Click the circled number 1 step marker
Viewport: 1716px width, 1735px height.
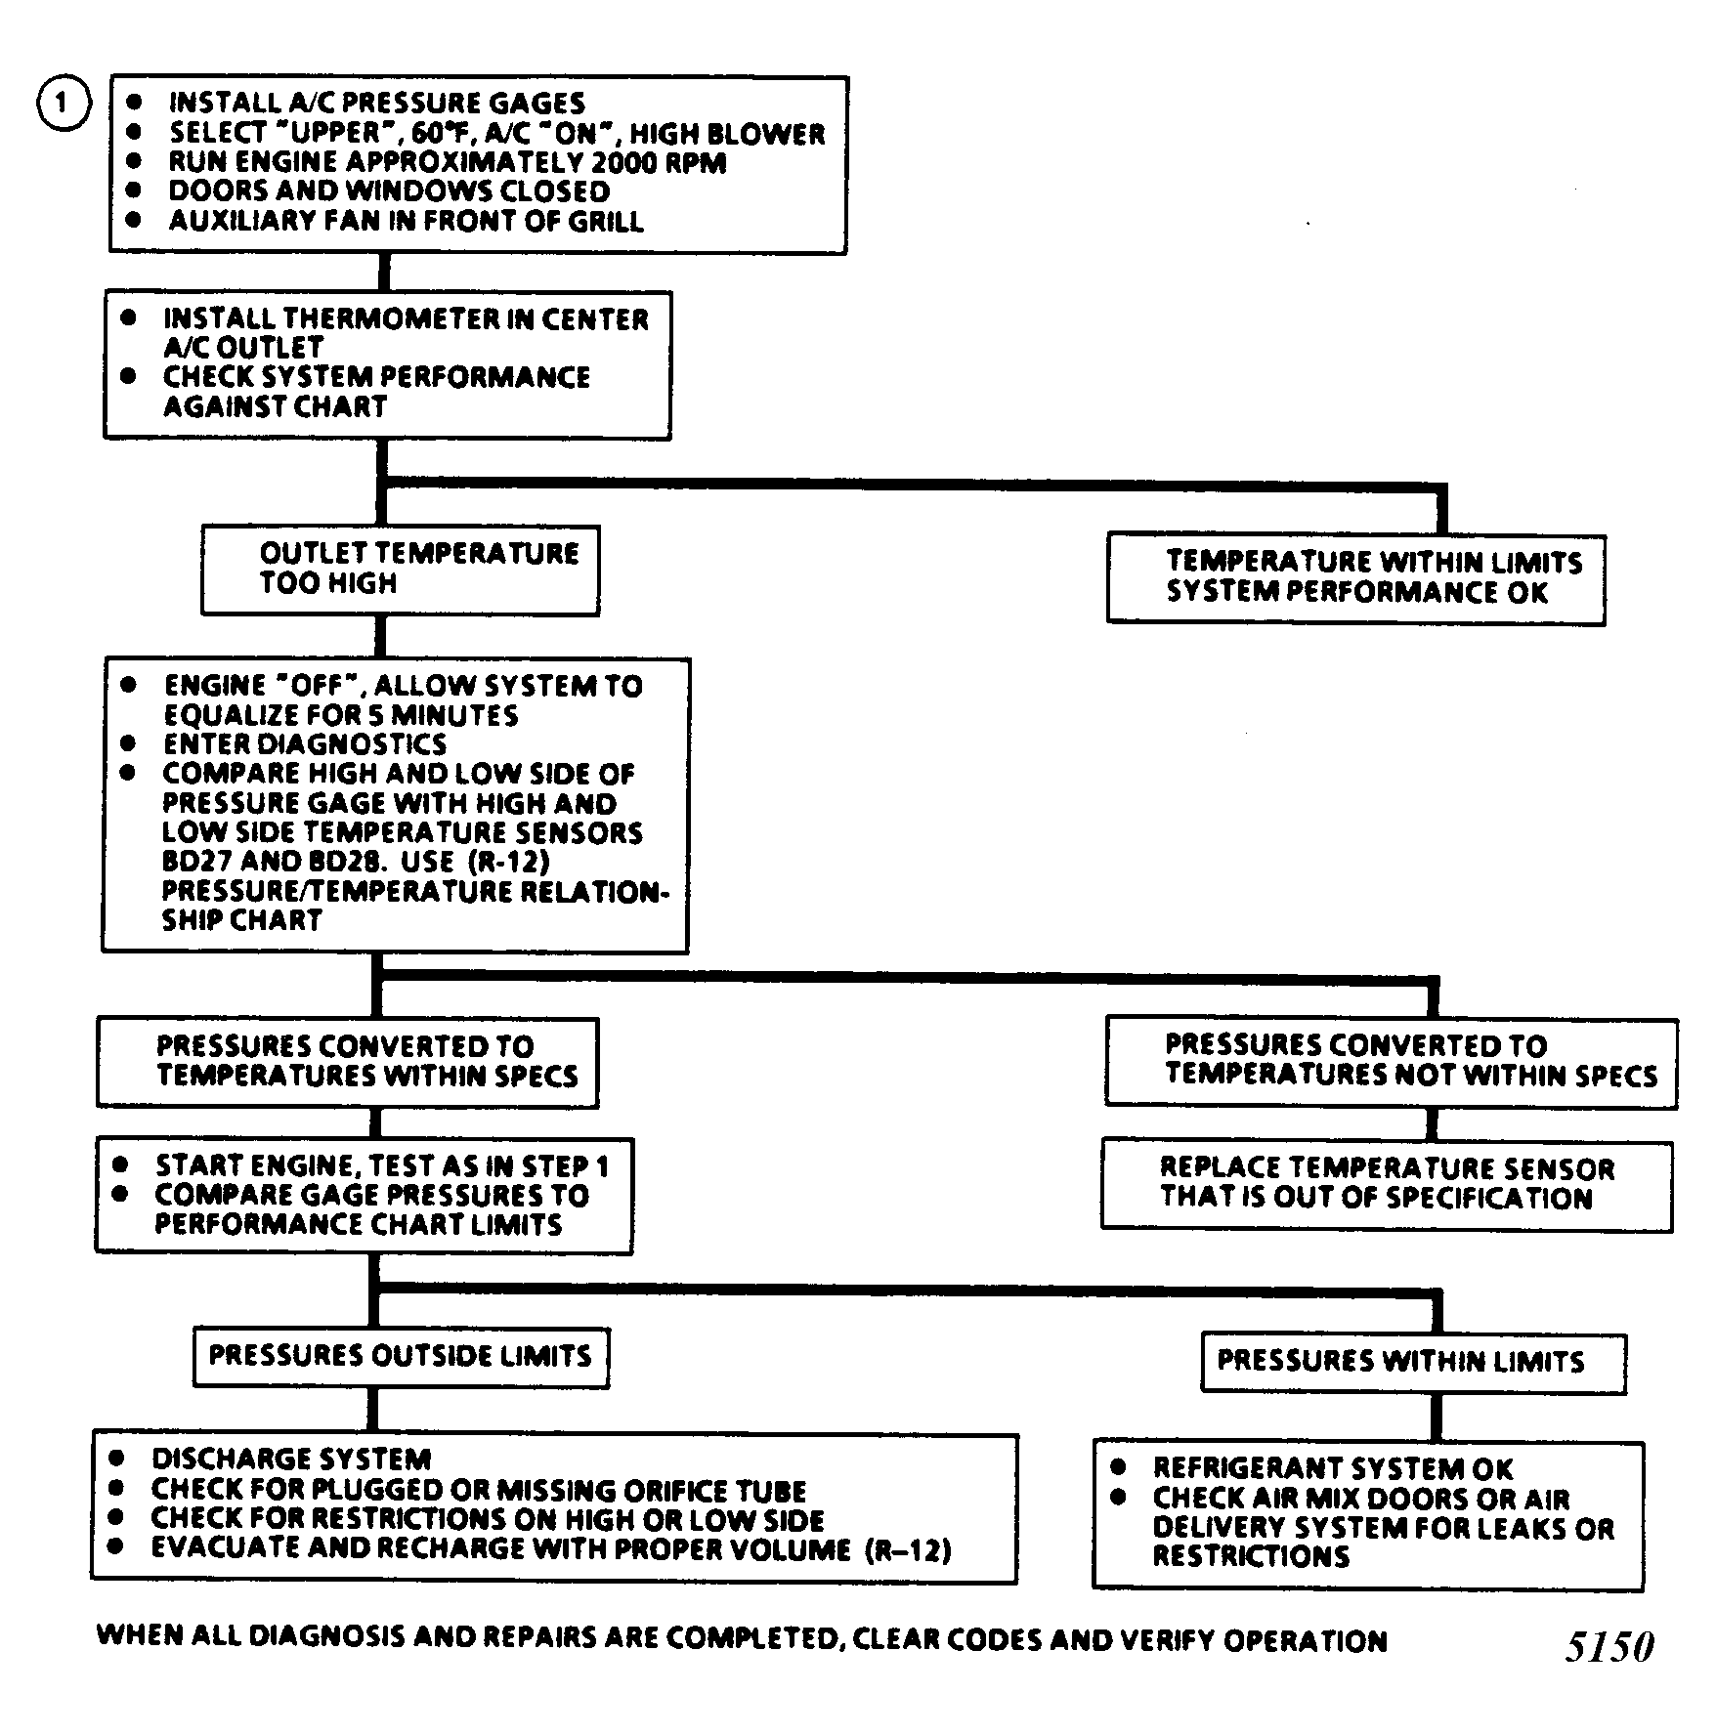coord(64,103)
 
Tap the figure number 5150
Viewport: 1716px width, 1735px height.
coord(1609,1647)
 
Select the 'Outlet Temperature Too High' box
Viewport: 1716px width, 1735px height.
coord(401,571)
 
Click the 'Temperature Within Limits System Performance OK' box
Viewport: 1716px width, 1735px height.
coord(1356,579)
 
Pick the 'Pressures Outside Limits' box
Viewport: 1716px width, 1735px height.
coord(402,1357)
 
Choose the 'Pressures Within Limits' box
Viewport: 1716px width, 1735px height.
coord(1414,1364)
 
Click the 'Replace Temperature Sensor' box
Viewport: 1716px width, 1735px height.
coord(1388,1185)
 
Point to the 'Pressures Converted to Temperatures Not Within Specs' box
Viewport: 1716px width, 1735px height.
coord(1392,1063)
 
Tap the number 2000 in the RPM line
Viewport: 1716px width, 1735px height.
coord(623,162)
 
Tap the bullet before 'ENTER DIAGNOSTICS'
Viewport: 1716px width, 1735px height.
coord(127,743)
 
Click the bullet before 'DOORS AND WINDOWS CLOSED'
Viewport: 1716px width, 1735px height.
coord(134,190)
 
